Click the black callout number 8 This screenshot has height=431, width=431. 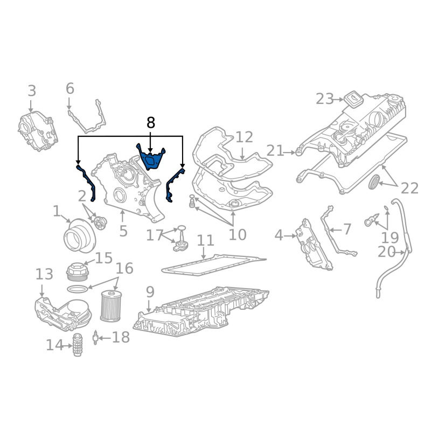coord(151,123)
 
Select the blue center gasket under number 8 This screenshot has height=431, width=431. coord(151,157)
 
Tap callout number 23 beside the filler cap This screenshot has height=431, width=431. coord(325,99)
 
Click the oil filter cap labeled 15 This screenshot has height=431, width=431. coord(77,272)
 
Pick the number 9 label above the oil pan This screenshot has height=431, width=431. coord(150,292)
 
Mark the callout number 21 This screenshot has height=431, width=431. coord(275,151)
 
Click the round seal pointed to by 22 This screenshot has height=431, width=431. coord(374,182)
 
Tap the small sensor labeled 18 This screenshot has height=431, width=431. coord(95,337)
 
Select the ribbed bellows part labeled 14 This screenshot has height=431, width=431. coord(78,345)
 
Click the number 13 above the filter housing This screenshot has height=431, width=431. coord(44,274)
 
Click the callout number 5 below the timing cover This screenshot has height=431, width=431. coord(123,231)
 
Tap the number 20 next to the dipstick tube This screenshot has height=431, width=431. coord(386,252)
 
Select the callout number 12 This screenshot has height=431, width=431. coord(244,137)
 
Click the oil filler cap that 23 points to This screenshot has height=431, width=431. coord(353,99)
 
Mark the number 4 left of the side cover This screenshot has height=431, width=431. coord(279,235)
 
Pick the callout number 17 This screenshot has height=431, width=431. coord(155,235)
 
